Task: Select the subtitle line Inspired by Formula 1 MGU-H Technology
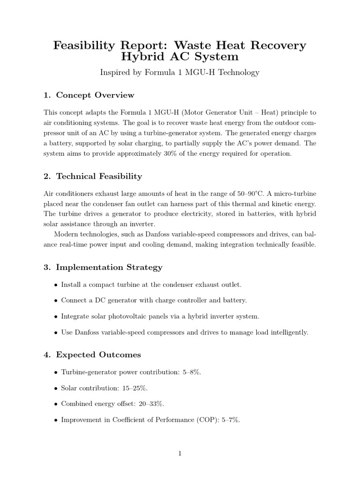coord(180,72)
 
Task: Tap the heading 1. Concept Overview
coord(89,95)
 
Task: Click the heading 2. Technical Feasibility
coord(92,176)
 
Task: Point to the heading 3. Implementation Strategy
coord(103,267)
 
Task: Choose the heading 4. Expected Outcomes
coord(92,354)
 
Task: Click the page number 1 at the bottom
coord(180,453)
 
